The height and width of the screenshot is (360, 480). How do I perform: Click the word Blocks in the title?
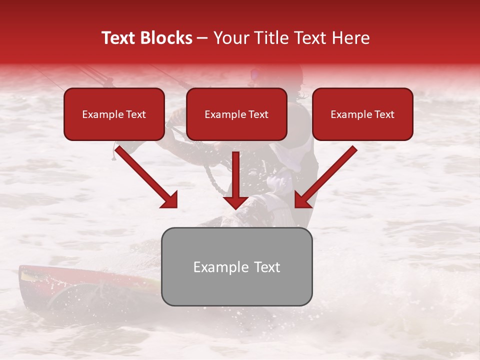point(165,38)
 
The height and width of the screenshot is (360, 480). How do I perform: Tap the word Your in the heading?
point(228,38)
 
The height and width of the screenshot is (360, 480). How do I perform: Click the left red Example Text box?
point(114,114)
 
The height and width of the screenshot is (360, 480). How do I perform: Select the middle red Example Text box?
point(236,114)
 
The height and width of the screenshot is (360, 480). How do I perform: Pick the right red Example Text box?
point(362,114)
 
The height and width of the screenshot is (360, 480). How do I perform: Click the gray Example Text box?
point(236,267)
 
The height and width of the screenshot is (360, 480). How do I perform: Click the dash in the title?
point(202,38)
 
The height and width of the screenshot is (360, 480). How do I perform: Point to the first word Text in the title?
point(120,38)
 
